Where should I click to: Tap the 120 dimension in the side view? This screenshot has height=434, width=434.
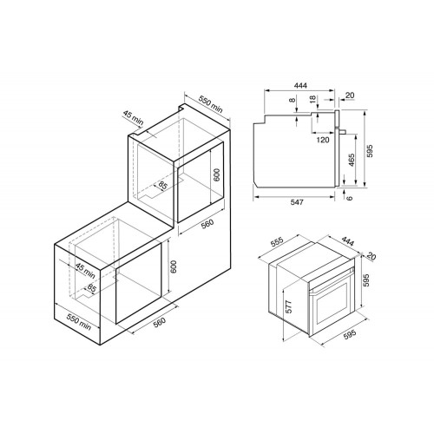pyautogui.click(x=322, y=139)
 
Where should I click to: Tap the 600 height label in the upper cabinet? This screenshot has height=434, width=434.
pyautogui.click(x=217, y=174)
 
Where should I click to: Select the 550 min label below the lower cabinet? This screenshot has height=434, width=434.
pyautogui.click(x=79, y=323)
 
